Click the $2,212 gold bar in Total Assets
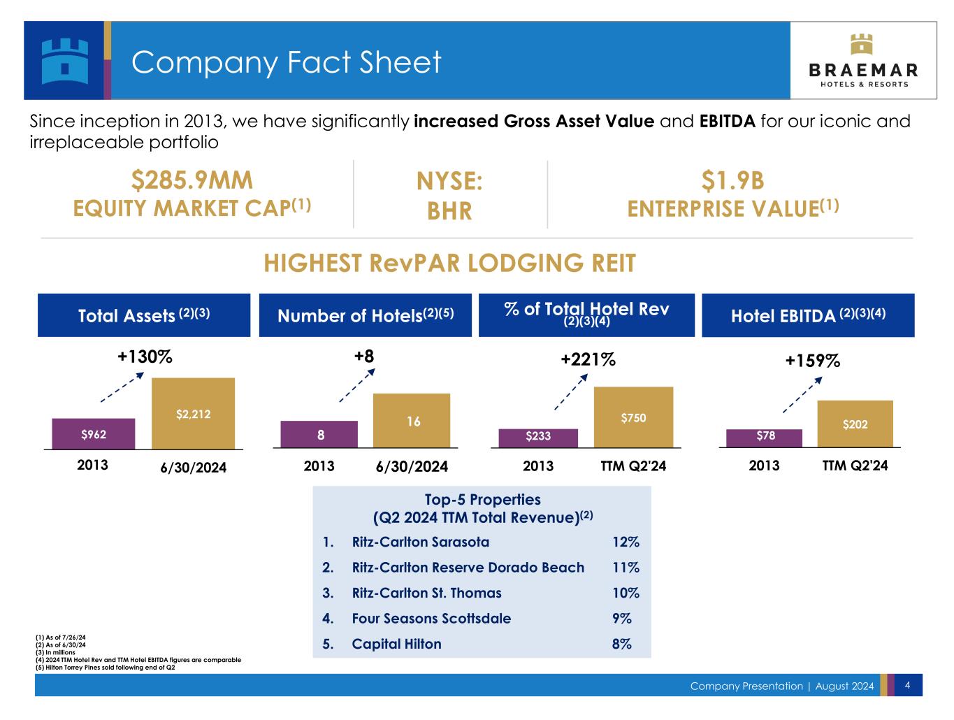click(193, 413)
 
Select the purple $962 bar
click(93, 433)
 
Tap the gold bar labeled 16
click(412, 420)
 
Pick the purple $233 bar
click(538, 438)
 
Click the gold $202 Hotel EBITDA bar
click(855, 424)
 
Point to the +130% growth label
click(145, 357)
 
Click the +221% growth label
click(588, 359)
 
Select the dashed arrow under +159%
click(802, 395)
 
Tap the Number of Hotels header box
click(366, 315)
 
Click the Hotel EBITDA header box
click(808, 315)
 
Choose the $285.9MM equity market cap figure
click(191, 180)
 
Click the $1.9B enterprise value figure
click(732, 180)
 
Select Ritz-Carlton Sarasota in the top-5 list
click(420, 542)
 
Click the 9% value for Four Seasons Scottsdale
click(621, 619)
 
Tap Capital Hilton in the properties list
click(396, 644)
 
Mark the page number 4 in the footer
click(907, 685)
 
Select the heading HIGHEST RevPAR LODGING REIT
click(449, 264)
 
